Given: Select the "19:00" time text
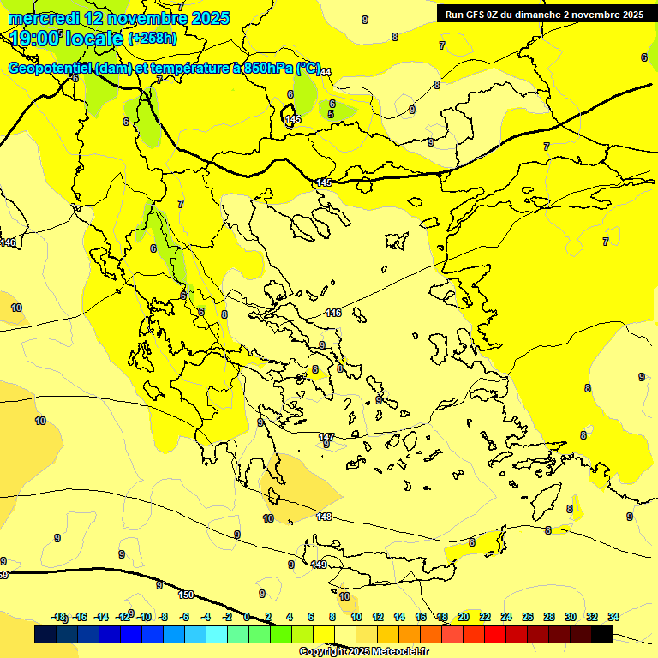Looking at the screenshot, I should pos(34,39).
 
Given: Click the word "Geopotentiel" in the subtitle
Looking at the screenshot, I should pos(51,69).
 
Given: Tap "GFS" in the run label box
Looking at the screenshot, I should pos(477,15).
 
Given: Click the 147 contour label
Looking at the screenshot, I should pos(326,437).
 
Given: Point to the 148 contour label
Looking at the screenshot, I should pos(324,517).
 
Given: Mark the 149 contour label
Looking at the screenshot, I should pos(319,565).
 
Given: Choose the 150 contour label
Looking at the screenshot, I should pos(186,595).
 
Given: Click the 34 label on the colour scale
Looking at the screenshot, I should pos(613,617).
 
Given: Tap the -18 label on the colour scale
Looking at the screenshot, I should pos(59,617).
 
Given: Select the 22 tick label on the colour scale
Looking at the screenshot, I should pos(485,617).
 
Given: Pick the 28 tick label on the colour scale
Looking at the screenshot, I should pos(548,617).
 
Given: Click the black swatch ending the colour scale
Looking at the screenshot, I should pos(602,635).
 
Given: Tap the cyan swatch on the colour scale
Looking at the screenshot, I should pos(217,635).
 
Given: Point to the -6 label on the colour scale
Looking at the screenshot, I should pos(183,617).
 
